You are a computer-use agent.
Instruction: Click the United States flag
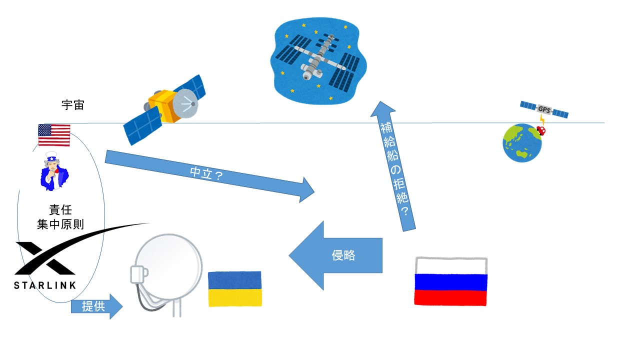coord(54,135)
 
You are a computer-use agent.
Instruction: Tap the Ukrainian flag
coord(235,288)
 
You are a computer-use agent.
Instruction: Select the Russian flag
coord(450,281)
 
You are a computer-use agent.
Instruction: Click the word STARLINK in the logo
coord(45,285)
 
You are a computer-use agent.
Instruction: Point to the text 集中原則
coord(60,224)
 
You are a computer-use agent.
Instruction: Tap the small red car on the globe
coord(540,131)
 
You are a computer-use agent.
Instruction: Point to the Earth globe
coord(521,143)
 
